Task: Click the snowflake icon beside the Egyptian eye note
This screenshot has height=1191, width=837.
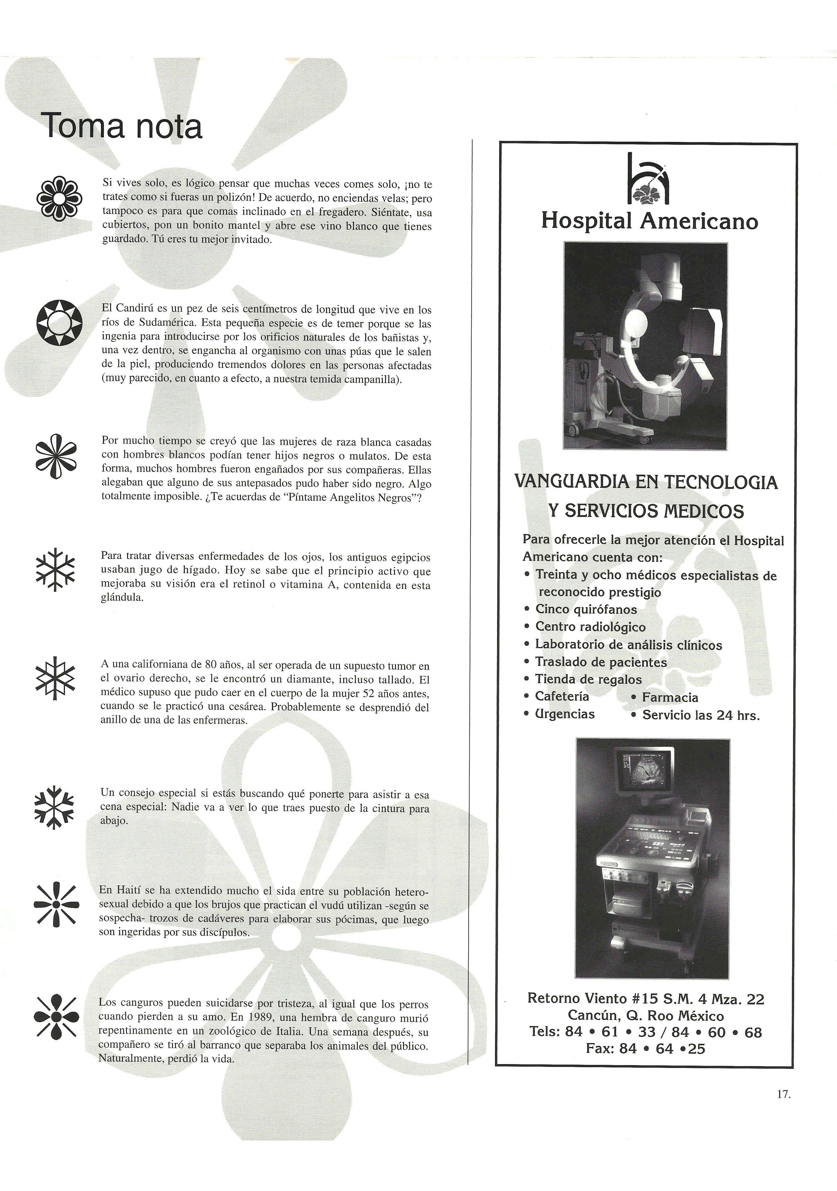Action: pyautogui.click(x=55, y=569)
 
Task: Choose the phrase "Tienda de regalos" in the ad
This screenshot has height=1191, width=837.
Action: pyautogui.click(x=588, y=679)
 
